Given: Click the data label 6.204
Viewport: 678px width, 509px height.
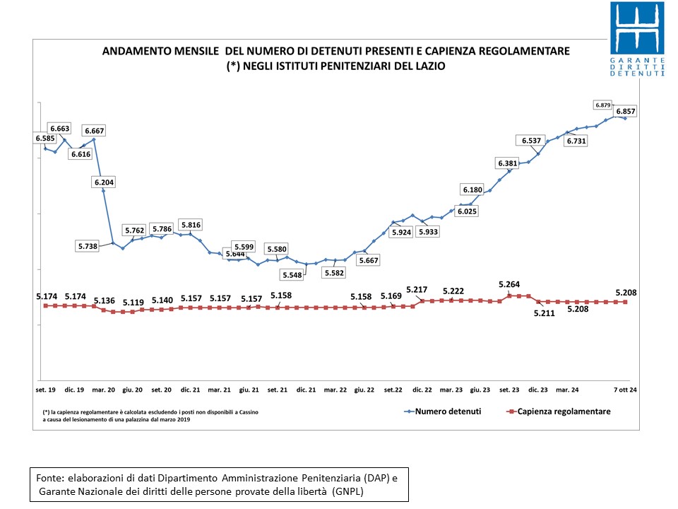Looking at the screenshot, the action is click(105, 182).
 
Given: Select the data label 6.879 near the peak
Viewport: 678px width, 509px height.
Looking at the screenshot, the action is click(602, 105).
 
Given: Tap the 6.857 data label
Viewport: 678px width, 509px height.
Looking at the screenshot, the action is click(626, 111).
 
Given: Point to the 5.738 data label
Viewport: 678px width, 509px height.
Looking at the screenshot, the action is click(88, 246).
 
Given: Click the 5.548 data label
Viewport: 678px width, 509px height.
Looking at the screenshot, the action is click(292, 275).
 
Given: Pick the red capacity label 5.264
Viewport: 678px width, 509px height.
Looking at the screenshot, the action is click(509, 284).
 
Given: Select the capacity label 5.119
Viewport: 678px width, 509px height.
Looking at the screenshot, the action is click(133, 302).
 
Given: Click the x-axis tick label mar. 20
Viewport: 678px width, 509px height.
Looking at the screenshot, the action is click(103, 390).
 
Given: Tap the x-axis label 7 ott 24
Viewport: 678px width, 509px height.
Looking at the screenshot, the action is click(625, 390).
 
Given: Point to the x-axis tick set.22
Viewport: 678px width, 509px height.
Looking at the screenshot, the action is click(393, 390).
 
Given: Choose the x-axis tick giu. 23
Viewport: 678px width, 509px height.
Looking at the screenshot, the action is click(480, 390).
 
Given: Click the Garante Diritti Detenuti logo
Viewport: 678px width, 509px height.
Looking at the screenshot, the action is click(637, 40).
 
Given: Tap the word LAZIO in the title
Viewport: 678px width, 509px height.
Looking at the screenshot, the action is click(431, 66).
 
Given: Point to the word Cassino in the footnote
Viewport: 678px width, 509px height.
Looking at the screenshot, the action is click(249, 412).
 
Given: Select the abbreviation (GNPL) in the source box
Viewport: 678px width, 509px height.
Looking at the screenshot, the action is click(347, 491).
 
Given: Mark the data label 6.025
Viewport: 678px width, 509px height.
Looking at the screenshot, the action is click(467, 211).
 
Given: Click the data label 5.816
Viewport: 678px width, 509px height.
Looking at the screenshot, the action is click(191, 225).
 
